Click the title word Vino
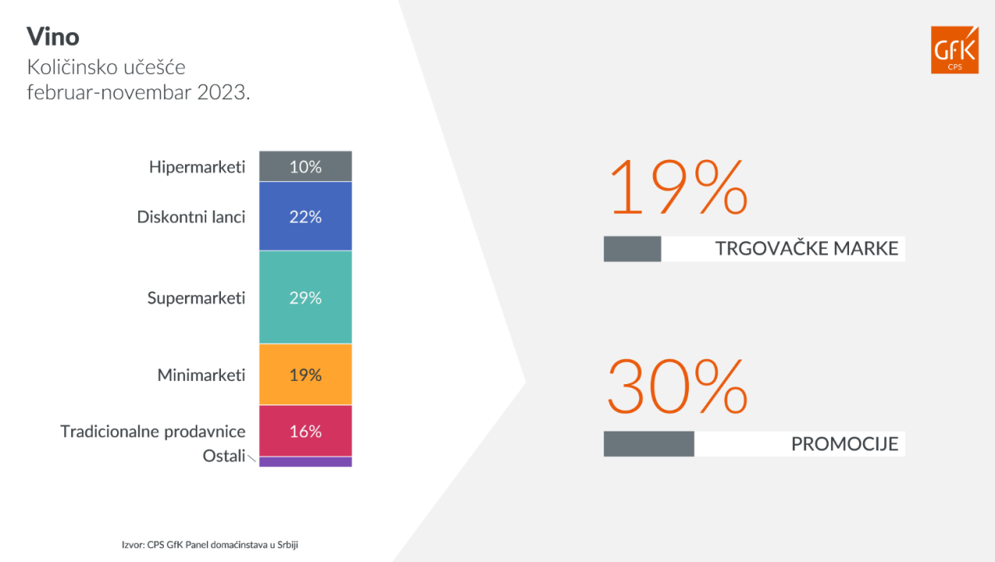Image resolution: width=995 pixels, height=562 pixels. (53, 37)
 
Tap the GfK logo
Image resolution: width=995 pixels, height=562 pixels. (954, 50)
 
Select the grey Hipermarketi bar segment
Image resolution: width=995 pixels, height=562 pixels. (306, 166)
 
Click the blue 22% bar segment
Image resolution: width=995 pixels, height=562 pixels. (306, 216)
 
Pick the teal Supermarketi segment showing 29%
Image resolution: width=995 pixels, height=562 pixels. (306, 297)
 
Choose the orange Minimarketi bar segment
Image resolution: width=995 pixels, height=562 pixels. (306, 375)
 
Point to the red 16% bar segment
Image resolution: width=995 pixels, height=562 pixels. (306, 431)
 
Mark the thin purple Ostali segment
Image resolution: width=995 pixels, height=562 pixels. (306, 461)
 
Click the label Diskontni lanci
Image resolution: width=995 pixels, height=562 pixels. (191, 217)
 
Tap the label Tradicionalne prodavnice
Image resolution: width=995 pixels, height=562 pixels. (153, 432)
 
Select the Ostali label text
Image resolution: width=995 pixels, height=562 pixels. (224, 456)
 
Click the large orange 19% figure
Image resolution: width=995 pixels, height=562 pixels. (679, 187)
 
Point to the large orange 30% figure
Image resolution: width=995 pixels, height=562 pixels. (678, 386)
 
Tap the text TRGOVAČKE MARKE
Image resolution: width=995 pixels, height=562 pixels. (807, 248)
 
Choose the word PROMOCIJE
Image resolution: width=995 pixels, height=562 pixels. (845, 444)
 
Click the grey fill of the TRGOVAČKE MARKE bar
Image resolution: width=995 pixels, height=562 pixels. (633, 249)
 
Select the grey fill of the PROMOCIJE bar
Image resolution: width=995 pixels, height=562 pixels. (649, 444)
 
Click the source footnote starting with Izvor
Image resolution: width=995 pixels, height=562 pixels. (210, 545)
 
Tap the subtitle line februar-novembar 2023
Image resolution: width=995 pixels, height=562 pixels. (139, 92)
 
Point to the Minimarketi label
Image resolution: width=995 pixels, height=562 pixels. (201, 375)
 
